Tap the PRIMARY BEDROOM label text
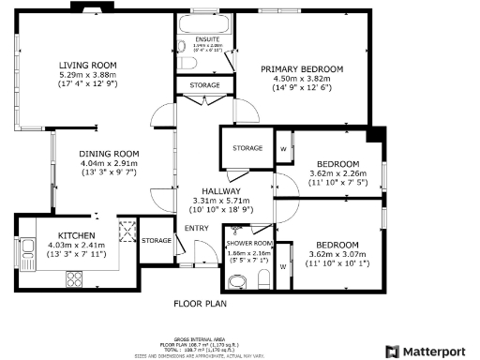pos(302,69)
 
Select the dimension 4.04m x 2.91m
pos(109,163)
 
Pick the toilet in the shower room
pos(263,274)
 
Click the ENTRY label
pos(197,228)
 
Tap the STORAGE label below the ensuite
pos(204,85)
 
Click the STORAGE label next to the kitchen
pos(157,241)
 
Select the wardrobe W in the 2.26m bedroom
pos(283,148)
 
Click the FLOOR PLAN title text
pos(201,303)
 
